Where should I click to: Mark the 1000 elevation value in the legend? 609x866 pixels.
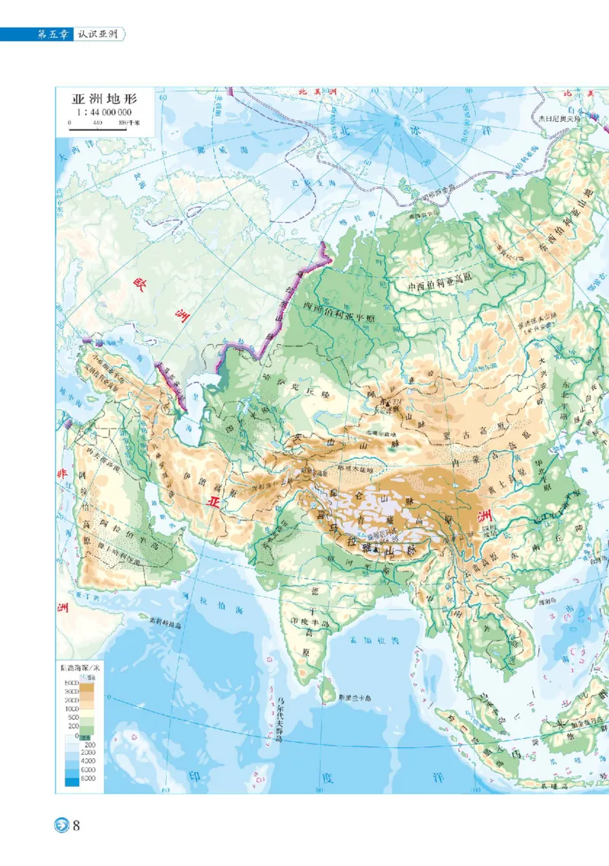[x=71, y=708]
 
